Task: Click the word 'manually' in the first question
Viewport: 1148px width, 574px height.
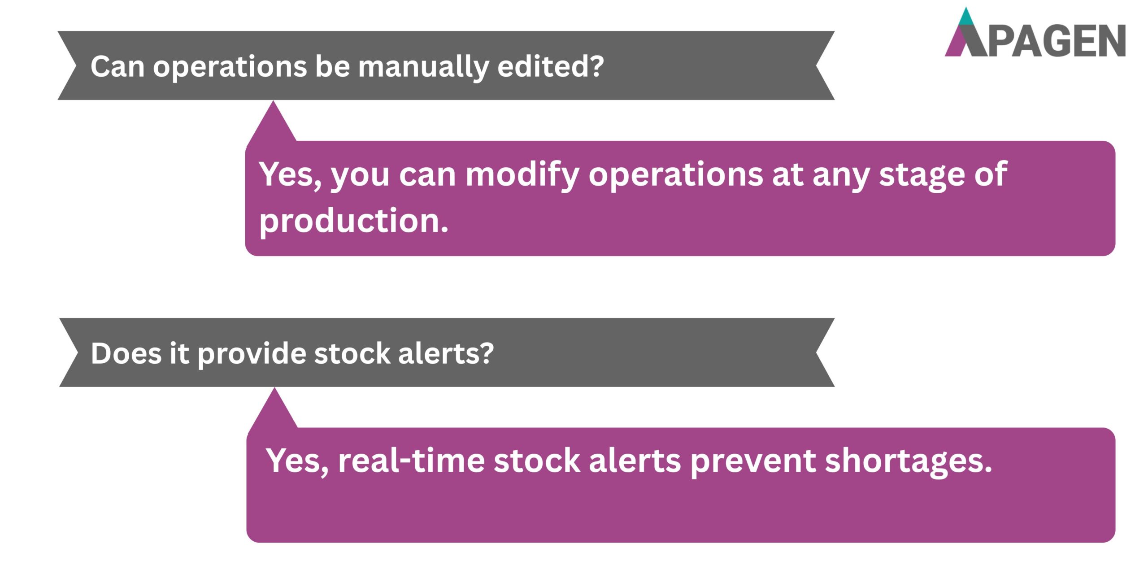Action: point(423,67)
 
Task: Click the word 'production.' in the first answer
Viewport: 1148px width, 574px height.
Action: point(354,221)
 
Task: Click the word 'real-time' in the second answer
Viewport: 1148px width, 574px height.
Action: point(411,461)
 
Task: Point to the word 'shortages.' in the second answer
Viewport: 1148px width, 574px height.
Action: point(908,461)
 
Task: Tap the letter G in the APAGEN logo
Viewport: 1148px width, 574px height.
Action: point(1061,41)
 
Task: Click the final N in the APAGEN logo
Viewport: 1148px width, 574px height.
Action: point(1110,41)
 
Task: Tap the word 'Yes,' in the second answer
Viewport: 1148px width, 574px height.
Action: point(297,461)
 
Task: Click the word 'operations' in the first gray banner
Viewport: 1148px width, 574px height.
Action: point(230,67)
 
